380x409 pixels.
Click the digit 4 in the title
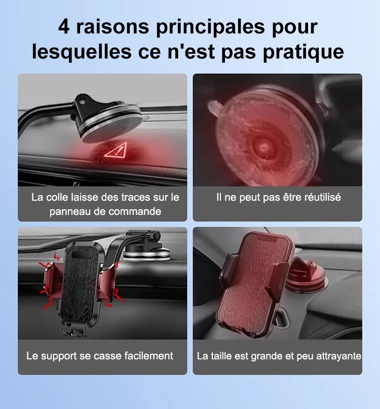(64, 27)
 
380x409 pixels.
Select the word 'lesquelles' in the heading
(82, 51)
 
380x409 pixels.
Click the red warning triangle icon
(116, 150)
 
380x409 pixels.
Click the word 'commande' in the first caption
(135, 211)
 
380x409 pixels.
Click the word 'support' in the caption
(59, 356)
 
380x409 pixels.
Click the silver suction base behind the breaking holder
(146, 253)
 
